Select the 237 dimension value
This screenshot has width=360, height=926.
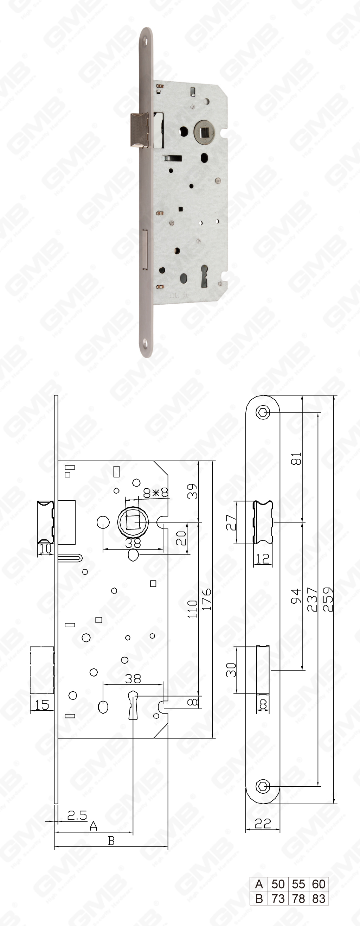(x=312, y=599)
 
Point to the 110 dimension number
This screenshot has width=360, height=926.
(x=193, y=609)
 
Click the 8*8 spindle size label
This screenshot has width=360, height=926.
(x=156, y=493)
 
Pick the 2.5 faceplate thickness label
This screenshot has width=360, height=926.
(x=77, y=815)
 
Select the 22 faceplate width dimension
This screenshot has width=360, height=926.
(x=263, y=823)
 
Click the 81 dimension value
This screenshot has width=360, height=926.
(x=296, y=459)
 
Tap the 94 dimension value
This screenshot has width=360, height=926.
(x=296, y=596)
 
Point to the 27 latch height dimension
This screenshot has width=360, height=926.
(x=231, y=522)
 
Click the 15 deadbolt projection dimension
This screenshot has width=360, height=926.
(x=42, y=705)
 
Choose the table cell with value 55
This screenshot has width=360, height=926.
(x=298, y=884)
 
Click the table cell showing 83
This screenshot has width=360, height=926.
(x=319, y=898)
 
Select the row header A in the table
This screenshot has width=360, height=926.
(x=259, y=884)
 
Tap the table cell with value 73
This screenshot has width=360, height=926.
(x=278, y=898)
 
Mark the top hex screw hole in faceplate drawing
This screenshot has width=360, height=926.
(x=263, y=412)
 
